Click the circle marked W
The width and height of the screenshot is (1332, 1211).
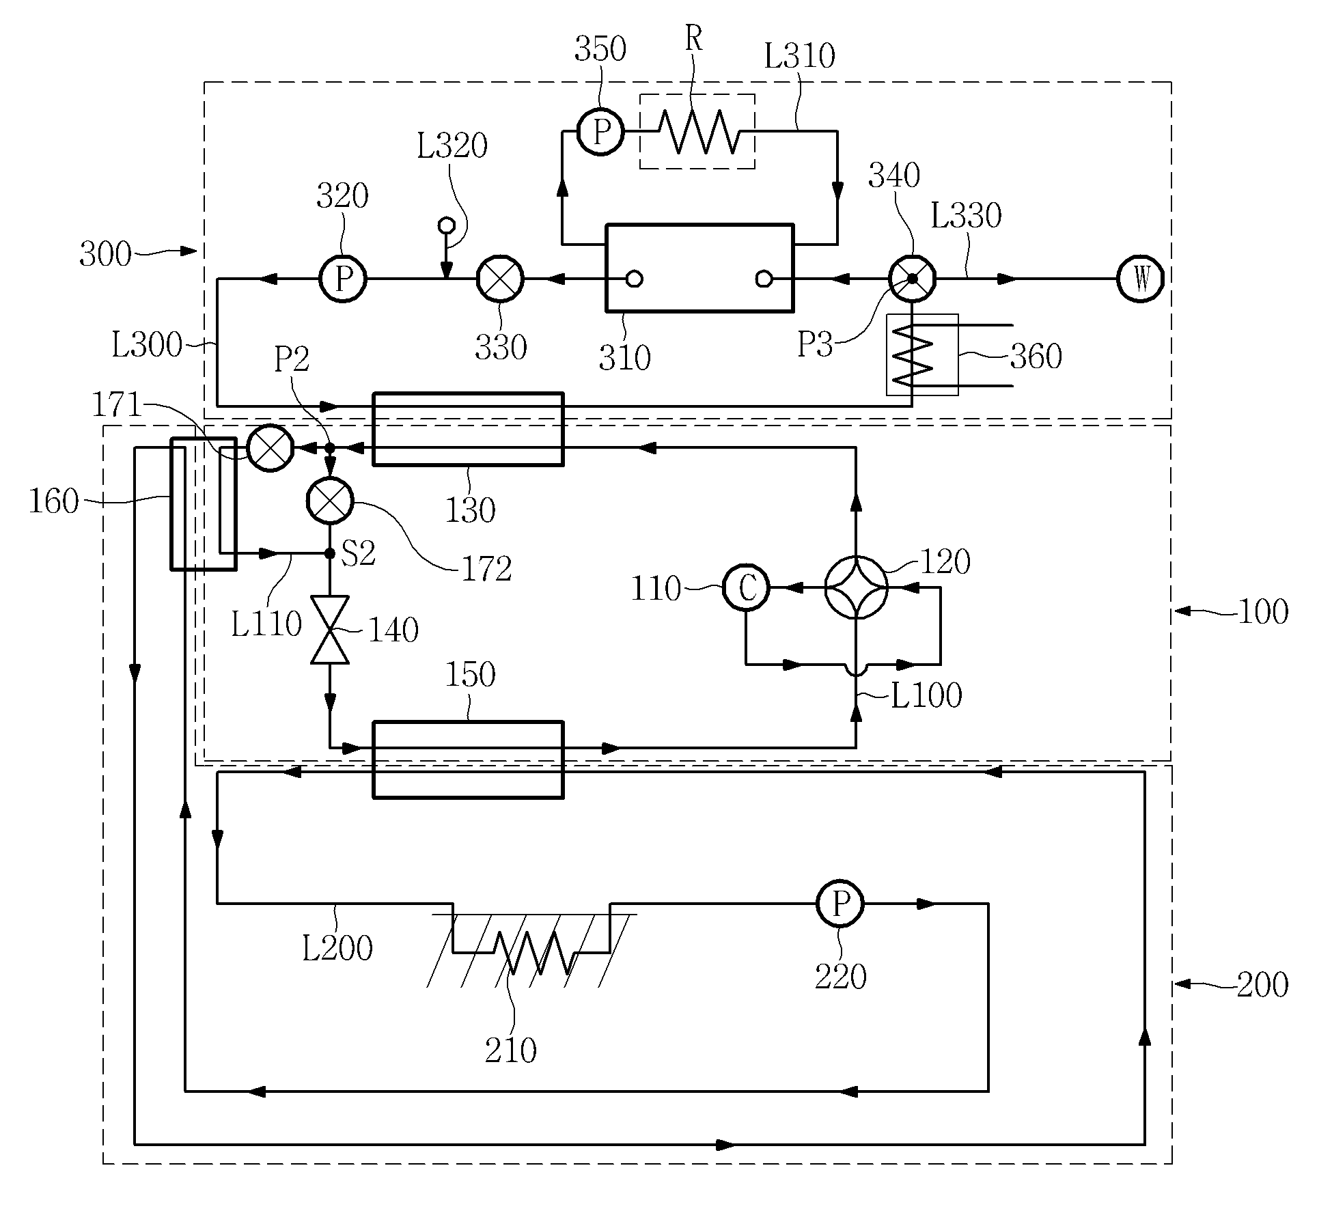(1140, 279)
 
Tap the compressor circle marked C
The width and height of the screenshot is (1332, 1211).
(746, 587)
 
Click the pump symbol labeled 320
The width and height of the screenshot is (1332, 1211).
(343, 279)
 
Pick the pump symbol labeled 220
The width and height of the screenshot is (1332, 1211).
(840, 904)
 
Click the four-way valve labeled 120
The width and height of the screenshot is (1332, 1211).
(856, 587)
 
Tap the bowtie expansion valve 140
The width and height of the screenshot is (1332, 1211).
(330, 630)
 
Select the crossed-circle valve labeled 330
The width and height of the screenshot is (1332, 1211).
(500, 279)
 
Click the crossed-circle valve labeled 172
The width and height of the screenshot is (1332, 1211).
(330, 501)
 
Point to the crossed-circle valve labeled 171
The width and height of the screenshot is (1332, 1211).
(270, 449)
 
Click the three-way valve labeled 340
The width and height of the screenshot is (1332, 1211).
(912, 279)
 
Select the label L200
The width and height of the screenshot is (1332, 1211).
(337, 948)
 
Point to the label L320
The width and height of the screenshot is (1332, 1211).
(452, 145)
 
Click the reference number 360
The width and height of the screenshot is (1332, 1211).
(1036, 357)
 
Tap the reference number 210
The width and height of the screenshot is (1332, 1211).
(511, 1050)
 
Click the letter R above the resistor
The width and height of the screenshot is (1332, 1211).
(693, 39)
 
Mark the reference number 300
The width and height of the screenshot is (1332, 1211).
(105, 255)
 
